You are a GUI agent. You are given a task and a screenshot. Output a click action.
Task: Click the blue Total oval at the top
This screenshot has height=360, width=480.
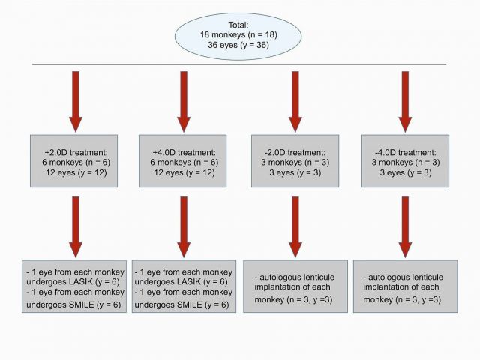[238, 36]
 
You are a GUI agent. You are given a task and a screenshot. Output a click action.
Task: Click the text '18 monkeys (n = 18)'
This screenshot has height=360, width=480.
[238, 35]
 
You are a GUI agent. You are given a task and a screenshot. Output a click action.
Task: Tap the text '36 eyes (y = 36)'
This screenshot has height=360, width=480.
[238, 45]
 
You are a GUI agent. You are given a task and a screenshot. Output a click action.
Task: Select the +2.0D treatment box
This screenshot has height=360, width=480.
[73, 161]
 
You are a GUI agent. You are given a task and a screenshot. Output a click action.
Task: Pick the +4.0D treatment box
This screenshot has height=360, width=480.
[183, 161]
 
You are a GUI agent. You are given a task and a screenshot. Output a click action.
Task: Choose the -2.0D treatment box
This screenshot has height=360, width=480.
[295, 161]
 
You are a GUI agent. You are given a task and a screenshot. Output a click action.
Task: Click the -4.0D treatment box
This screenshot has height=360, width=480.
[405, 161]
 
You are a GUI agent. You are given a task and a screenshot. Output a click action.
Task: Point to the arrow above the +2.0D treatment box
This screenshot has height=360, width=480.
[76, 102]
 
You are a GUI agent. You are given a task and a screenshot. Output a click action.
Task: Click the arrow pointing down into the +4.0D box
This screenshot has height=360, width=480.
[184, 102]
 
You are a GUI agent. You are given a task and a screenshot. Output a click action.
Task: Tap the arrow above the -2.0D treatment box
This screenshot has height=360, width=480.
[295, 102]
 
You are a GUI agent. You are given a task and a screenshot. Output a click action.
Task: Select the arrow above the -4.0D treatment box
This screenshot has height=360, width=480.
[405, 102]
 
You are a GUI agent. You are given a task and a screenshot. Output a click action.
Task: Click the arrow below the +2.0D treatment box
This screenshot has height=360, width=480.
[76, 226]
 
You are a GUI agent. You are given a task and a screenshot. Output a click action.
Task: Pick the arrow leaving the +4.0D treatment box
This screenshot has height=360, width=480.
[184, 226]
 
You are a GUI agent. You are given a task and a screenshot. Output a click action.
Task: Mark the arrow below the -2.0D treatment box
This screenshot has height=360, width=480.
[295, 226]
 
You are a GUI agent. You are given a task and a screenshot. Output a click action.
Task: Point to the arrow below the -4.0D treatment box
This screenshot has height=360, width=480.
[405, 226]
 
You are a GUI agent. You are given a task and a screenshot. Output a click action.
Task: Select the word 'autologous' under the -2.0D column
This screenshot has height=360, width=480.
[278, 277]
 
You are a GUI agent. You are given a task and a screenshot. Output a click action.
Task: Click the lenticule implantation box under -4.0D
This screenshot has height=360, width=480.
[405, 286]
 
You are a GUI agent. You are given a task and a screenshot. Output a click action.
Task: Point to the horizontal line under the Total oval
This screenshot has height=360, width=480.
[239, 64]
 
